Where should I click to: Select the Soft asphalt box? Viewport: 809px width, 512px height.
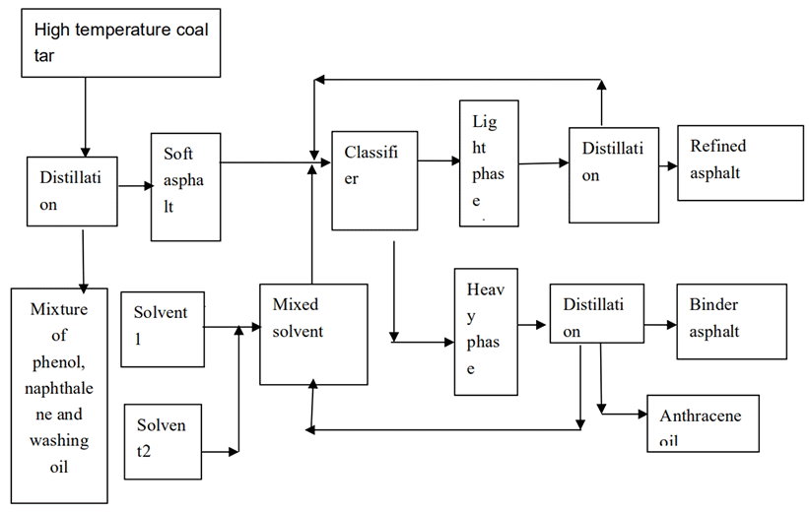click(185, 187)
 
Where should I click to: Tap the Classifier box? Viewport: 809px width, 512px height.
click(373, 180)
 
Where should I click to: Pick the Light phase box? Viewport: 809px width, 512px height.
click(489, 162)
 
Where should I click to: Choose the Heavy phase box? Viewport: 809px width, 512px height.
click(486, 331)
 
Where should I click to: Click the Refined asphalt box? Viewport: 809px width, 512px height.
click(740, 161)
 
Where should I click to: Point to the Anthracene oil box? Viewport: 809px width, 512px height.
click(703, 423)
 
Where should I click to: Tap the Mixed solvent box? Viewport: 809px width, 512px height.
click(313, 333)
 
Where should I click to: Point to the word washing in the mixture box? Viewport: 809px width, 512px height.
click(59, 440)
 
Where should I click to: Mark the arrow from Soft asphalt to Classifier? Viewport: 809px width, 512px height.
click(266, 160)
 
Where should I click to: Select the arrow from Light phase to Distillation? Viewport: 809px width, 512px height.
click(543, 164)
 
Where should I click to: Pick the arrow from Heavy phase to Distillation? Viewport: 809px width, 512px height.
click(533, 323)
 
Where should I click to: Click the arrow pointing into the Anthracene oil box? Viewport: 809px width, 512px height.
click(623, 415)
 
